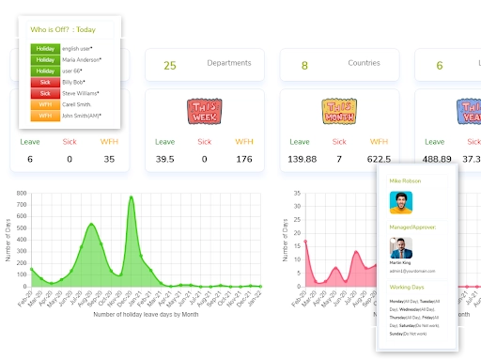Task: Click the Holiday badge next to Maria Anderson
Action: pyautogui.click(x=45, y=58)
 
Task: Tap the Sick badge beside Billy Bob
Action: pyautogui.click(x=45, y=82)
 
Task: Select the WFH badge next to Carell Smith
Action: pyautogui.click(x=45, y=104)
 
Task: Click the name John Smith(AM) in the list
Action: pyautogui.click(x=82, y=116)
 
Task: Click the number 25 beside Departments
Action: pyautogui.click(x=170, y=66)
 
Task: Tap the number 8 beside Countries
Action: pyautogui.click(x=304, y=66)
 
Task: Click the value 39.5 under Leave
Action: pyautogui.click(x=165, y=159)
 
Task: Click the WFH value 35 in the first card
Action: pyautogui.click(x=109, y=159)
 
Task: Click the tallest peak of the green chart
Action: pyautogui.click(x=130, y=196)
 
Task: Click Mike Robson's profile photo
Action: pyautogui.click(x=401, y=203)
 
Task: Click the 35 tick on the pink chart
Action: pyautogui.click(x=296, y=194)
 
